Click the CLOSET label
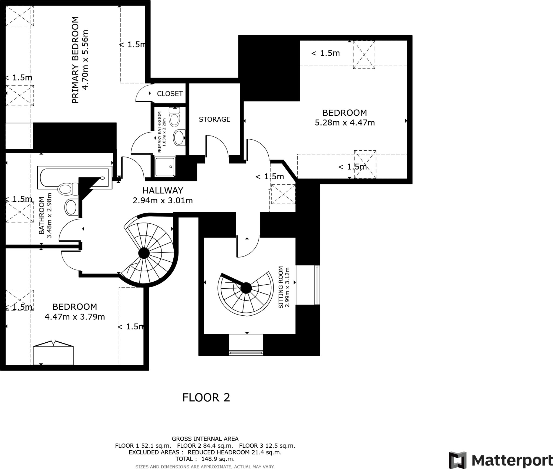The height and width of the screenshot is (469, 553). [x=170, y=94]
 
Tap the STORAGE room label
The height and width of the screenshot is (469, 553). [x=214, y=119]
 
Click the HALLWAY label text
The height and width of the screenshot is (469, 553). [x=163, y=191]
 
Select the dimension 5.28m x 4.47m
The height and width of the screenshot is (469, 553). [x=345, y=123]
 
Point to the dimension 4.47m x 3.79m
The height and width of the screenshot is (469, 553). [x=75, y=317]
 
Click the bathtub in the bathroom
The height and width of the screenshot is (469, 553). [x=74, y=177]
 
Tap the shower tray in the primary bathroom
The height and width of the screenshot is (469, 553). [x=165, y=167]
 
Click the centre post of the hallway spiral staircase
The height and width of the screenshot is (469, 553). [x=144, y=254]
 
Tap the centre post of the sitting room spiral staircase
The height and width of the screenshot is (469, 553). [x=246, y=288]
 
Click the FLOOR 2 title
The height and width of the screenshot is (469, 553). [x=206, y=398]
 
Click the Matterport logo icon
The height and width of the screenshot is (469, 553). [x=457, y=460]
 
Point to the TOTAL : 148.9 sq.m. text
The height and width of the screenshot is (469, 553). [x=205, y=459]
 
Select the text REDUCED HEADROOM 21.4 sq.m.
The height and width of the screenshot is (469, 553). [x=234, y=452]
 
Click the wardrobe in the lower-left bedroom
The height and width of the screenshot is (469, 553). [x=53, y=354]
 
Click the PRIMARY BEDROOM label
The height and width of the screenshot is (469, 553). [x=75, y=60]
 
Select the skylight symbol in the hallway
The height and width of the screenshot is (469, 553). [x=283, y=194]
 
